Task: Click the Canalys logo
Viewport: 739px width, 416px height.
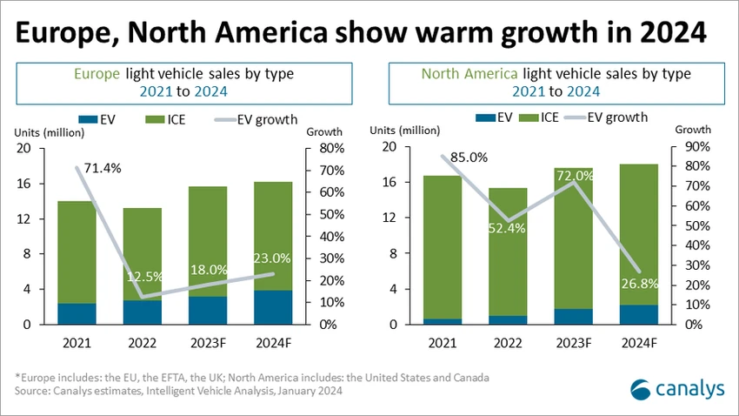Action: point(677,389)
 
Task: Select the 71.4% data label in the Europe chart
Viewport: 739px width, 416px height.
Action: point(103,168)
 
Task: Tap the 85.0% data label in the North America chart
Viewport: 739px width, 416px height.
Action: point(469,157)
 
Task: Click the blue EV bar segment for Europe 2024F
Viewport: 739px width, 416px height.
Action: point(273,307)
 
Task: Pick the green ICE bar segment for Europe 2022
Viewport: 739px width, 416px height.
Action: point(143,254)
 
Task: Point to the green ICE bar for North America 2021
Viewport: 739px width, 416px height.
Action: point(442,247)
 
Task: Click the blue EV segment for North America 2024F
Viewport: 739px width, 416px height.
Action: point(639,314)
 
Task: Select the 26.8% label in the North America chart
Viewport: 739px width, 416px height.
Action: point(640,284)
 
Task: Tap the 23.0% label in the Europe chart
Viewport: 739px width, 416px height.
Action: point(272,258)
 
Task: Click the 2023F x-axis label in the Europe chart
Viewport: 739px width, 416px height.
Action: point(208,343)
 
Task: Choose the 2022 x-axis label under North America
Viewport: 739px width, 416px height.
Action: point(508,343)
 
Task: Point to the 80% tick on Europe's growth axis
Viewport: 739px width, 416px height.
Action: point(332,148)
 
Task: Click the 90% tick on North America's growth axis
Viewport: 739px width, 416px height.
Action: point(697,147)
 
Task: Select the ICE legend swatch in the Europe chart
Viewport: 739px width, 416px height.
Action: point(155,120)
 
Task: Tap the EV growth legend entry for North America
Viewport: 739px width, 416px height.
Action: point(606,117)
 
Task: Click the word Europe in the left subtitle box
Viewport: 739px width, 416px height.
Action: point(97,74)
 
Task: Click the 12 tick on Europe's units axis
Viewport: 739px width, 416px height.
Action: point(23,218)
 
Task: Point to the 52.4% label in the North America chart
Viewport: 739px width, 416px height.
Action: point(507,228)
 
